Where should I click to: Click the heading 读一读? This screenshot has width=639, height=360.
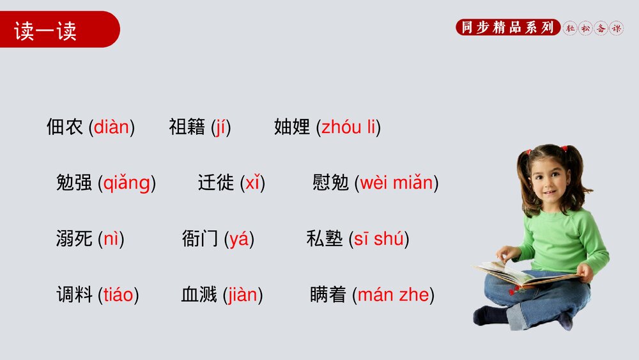45,31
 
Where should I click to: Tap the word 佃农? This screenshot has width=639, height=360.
65,127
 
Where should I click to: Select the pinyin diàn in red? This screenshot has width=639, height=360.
111,127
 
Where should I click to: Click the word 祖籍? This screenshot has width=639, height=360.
187,127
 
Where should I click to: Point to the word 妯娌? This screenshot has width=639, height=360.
292,127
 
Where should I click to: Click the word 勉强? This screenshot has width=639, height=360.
74,183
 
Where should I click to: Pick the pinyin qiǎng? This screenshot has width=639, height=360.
127,184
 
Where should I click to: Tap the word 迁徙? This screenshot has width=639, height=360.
216,183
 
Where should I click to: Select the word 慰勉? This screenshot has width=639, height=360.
330,183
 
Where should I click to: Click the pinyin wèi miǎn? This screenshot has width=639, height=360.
396,183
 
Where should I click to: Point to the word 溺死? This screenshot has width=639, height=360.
74,239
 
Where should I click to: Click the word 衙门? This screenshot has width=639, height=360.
200,239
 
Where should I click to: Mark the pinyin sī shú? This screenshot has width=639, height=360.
378,239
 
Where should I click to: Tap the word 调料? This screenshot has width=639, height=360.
74,295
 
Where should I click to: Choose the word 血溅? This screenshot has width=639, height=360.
199,295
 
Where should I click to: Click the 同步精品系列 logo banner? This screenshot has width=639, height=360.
507,27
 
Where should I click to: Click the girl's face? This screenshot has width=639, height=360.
548,176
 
